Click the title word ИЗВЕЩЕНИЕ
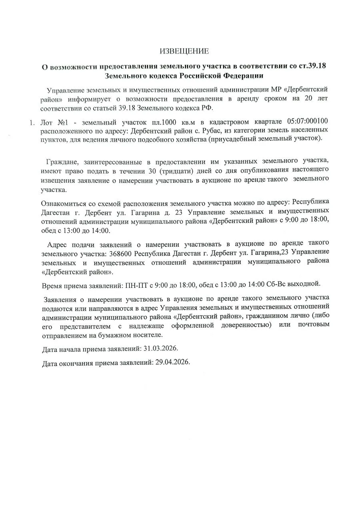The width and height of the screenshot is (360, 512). pos(184,51)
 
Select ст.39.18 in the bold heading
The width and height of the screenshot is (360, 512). pos(312,66)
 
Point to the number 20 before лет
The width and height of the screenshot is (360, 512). pos(307,99)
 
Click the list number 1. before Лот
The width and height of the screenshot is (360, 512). pos(33,122)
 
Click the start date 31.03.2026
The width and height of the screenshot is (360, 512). pos(160,349)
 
